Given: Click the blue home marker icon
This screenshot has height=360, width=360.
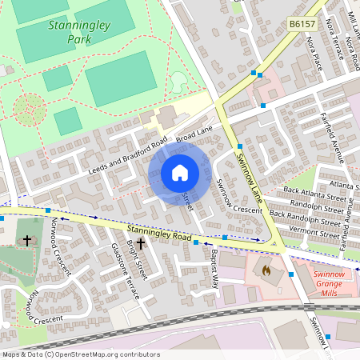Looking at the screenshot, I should (180, 173).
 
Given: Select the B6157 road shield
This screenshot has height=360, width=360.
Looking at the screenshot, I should (302, 26).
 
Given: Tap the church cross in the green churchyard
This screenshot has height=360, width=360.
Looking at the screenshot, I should (26, 239).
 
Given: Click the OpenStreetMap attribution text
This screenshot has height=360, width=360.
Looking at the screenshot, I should (81, 354).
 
